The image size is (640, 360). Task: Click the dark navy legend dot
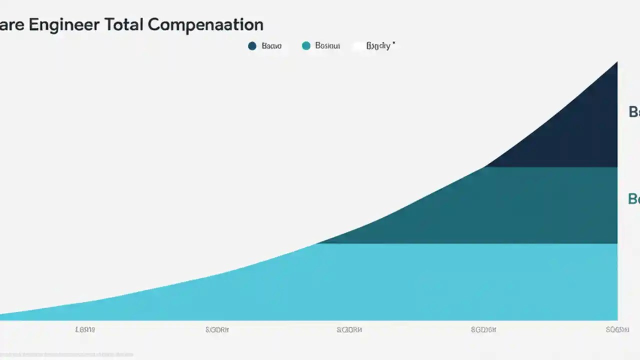(252, 46)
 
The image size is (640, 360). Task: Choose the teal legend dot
(306, 46)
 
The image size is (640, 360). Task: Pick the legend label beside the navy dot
(271, 46)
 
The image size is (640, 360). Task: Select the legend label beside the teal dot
(327, 46)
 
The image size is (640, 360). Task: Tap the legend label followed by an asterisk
(378, 46)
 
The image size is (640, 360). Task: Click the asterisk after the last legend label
(393, 44)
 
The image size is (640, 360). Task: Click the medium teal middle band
(500, 205)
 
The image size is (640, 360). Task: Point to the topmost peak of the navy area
(616, 63)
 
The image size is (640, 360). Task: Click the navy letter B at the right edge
(633, 112)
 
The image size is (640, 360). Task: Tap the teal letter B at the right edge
(633, 199)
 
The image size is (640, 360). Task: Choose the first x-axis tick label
(85, 330)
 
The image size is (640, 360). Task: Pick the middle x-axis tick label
(349, 330)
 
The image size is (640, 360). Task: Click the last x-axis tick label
(616, 330)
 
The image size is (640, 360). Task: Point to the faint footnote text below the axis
(67, 354)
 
